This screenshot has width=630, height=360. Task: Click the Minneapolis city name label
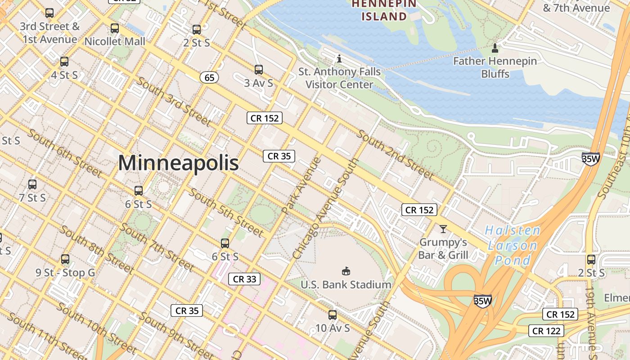point(178,162)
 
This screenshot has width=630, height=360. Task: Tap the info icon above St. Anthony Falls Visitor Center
point(339,58)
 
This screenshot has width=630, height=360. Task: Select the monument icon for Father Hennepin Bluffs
point(495,48)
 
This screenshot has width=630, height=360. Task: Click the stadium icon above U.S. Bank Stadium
point(346,271)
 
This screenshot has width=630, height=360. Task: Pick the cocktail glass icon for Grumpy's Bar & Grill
point(443,229)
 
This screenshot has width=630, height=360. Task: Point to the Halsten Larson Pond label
point(513,245)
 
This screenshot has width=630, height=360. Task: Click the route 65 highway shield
point(209,77)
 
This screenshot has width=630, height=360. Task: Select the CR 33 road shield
point(244,279)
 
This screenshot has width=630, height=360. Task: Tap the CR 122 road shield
point(546,331)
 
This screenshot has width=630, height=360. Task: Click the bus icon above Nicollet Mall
point(115,28)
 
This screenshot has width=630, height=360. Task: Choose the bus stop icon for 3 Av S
point(258,70)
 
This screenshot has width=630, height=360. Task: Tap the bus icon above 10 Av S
point(333,315)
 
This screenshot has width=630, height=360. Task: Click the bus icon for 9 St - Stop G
point(65,259)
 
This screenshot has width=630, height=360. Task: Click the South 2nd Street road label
point(396,155)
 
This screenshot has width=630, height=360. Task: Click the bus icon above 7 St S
point(32,184)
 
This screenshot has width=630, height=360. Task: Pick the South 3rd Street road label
point(173,101)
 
